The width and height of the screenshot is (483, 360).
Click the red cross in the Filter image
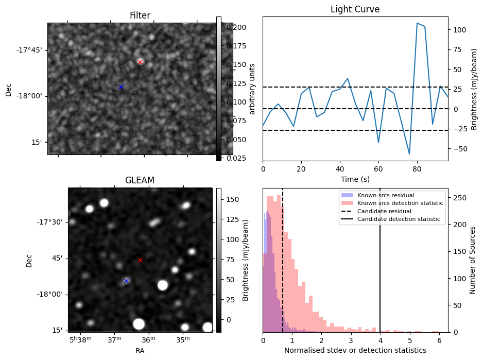coord(140,62)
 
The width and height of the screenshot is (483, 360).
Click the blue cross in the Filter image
coord(121,87)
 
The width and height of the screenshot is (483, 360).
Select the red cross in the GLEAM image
coord(140,260)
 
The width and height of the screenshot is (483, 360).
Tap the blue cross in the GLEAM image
coord(126,281)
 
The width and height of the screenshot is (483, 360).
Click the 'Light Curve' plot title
coord(355,9)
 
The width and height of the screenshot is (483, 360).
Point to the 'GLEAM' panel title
coord(140,180)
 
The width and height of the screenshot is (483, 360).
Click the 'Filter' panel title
coord(140,15)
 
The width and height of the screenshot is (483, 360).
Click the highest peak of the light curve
coord(417,23)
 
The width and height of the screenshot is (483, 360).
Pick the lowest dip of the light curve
coord(409,154)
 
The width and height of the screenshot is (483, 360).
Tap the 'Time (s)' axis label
coord(355,179)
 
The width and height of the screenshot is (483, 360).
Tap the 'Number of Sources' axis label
coord(473,260)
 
